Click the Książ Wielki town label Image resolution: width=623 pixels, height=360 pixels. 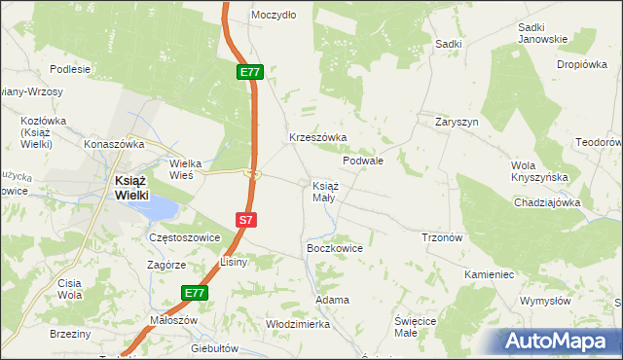126,187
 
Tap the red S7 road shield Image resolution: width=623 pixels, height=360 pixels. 246,220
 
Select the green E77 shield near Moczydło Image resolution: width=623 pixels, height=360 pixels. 249,72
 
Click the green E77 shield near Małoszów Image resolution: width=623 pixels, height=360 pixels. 195,292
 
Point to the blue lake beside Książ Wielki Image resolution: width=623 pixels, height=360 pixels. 161,207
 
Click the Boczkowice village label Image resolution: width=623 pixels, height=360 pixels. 335,248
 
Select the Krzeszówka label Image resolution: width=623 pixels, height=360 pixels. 317,138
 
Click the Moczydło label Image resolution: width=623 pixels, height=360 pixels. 274,16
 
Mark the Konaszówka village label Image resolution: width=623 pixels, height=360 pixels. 114,143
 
